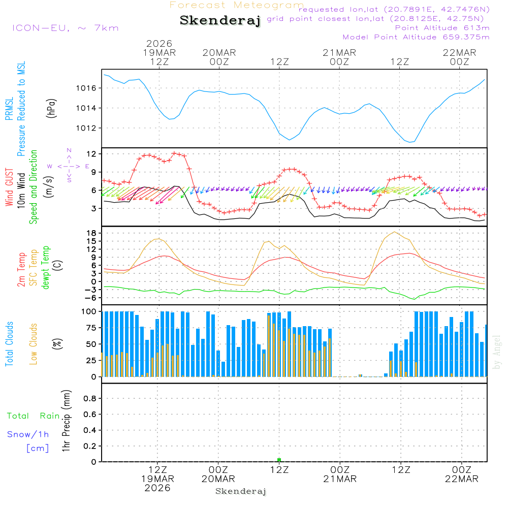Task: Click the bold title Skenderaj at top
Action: pos(220,21)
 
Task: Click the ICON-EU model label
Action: pos(65,28)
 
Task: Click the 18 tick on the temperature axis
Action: pos(92,233)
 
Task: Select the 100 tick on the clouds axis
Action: pos(89,311)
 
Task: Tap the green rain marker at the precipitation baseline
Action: pos(279,460)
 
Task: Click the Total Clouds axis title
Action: pos(10,344)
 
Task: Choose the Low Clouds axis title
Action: pos(34,344)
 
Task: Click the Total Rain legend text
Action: pos(34,416)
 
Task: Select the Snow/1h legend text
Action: pos(28,434)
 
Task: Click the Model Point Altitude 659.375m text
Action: pos(416,37)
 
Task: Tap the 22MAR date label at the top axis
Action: pos(459,52)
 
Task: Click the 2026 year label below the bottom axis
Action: pos(157,488)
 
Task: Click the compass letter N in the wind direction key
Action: pos(69,150)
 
